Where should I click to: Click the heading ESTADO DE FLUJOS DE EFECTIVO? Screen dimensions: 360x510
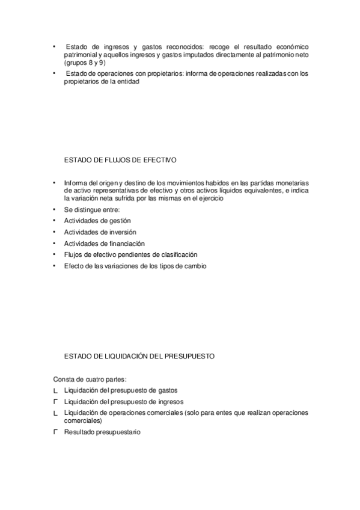[120, 161]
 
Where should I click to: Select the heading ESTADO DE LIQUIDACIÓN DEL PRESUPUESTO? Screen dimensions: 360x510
[139, 357]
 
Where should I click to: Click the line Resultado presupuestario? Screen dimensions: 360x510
[102, 432]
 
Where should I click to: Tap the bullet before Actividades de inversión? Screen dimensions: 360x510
[53, 232]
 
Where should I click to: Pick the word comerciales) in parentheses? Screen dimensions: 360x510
[83, 421]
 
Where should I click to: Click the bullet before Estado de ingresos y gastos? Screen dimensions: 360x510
[53, 46]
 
